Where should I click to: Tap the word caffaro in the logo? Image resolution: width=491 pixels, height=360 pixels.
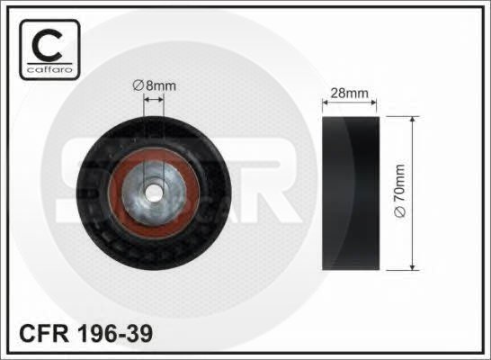click(x=49, y=69)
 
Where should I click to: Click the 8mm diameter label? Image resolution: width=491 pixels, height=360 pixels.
click(x=154, y=85)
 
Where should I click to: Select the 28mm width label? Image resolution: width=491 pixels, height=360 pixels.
click(x=349, y=93)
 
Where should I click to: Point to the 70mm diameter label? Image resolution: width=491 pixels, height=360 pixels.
click(x=400, y=191)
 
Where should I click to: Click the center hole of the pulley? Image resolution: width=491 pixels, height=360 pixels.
click(x=153, y=193)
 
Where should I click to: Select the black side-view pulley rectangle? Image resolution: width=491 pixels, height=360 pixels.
click(x=351, y=193)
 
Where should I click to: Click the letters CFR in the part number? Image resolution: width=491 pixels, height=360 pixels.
click(x=44, y=333)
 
